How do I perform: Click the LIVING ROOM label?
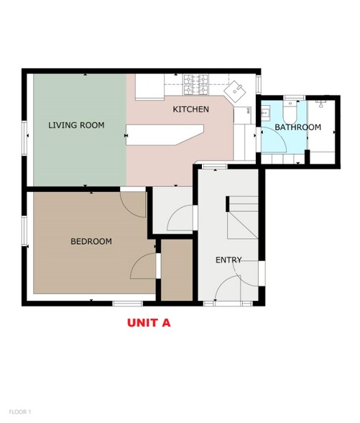point(76,125)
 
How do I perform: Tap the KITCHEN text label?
point(191,109)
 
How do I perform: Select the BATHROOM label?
point(297,127)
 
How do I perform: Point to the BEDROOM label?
point(91,242)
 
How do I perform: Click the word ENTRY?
point(229,260)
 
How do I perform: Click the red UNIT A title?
point(149,323)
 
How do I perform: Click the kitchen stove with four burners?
point(197,85)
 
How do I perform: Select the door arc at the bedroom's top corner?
point(134,203)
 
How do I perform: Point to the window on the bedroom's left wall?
point(25,234)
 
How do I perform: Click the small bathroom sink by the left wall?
point(264,113)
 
